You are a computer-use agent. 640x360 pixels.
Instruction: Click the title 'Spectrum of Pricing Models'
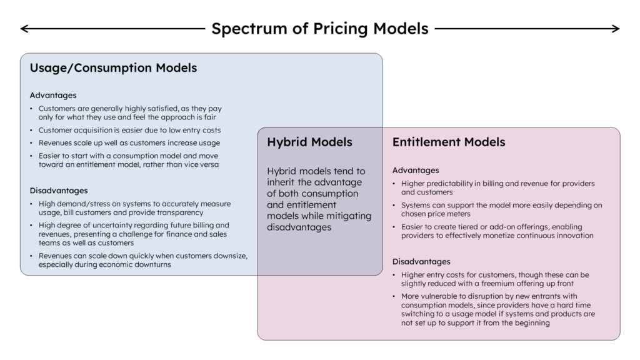click(x=319, y=29)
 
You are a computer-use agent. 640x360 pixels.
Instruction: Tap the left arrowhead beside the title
click(x=24, y=29)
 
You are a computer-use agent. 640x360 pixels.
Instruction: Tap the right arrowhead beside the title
click(x=616, y=29)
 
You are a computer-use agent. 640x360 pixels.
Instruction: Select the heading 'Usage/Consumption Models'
click(x=113, y=67)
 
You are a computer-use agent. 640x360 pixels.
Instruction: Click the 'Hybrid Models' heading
click(x=309, y=142)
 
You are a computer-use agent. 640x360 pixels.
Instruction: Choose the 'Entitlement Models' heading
click(x=449, y=142)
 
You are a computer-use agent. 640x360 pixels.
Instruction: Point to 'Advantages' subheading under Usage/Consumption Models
click(x=53, y=95)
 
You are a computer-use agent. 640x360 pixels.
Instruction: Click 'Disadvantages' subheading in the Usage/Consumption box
click(x=59, y=190)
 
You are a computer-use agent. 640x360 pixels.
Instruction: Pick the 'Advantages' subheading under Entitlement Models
click(x=416, y=170)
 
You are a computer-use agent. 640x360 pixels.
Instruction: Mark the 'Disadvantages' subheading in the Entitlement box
click(x=421, y=261)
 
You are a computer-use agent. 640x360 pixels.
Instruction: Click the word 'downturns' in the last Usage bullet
click(x=153, y=264)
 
